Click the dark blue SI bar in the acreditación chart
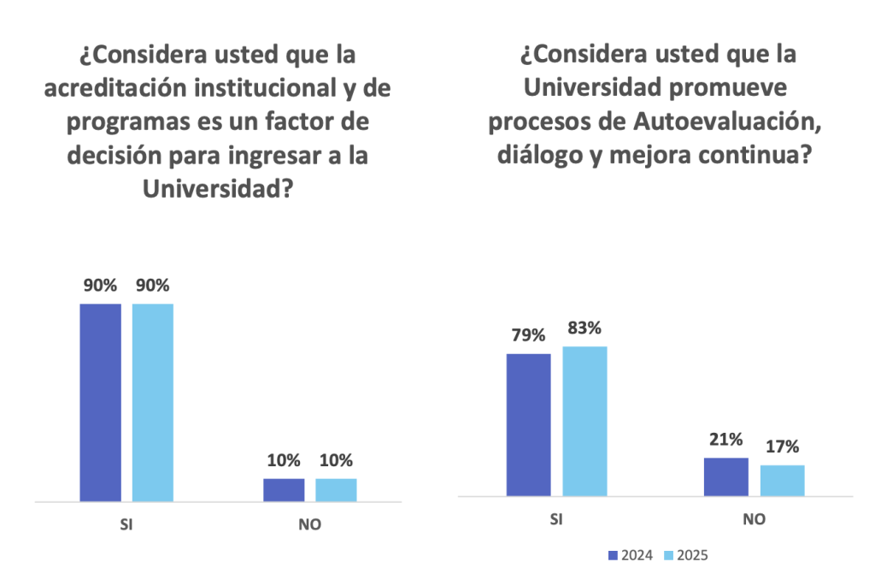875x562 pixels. click(101, 402)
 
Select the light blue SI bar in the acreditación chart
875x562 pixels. click(153, 402)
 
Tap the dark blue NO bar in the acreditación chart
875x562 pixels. click(284, 490)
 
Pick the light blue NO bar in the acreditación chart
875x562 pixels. click(336, 490)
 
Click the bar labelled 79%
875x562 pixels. click(529, 424)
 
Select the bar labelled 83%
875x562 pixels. click(584, 421)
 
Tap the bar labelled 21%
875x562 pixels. click(726, 476)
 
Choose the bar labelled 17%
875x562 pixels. click(783, 480)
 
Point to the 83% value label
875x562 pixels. click(584, 328)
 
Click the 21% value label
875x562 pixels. click(726, 440)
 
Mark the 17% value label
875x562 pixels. click(783, 447)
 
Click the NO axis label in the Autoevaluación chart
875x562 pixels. click(754, 519)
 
